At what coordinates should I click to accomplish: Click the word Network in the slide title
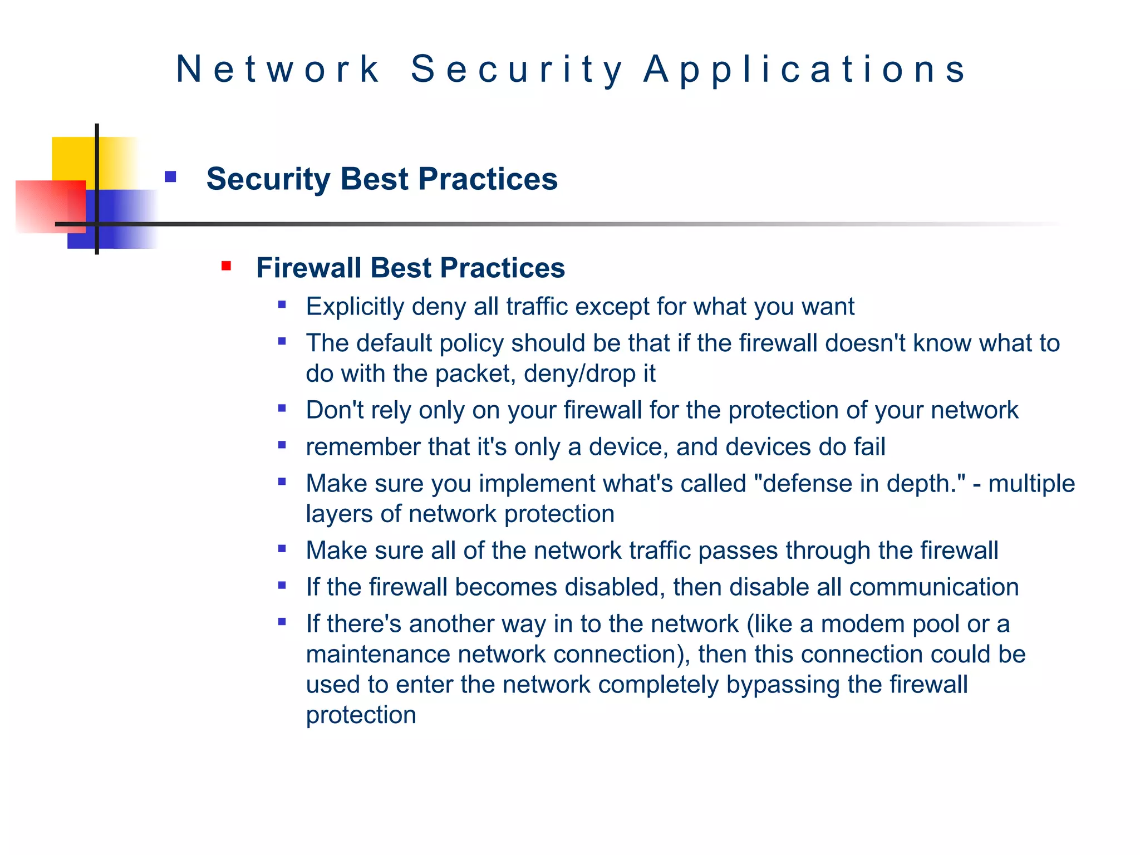click(x=278, y=70)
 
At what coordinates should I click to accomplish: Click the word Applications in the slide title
click(x=805, y=70)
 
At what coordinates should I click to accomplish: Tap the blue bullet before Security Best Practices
click(x=170, y=178)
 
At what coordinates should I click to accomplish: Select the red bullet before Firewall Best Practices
click(x=226, y=266)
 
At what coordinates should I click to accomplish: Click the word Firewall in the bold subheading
click(x=308, y=268)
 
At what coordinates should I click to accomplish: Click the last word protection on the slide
click(x=361, y=715)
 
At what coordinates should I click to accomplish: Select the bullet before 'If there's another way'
click(x=282, y=622)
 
